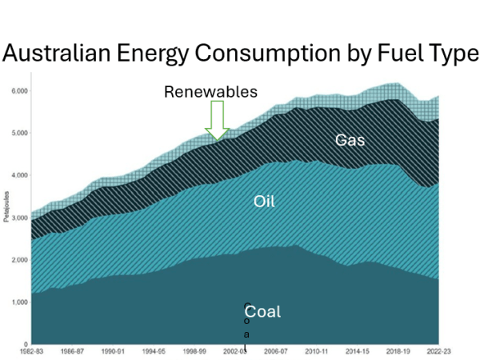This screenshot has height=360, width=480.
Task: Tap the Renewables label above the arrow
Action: pyautogui.click(x=210, y=92)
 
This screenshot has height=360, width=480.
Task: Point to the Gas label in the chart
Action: pyautogui.click(x=351, y=140)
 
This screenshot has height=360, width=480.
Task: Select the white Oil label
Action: pyautogui.click(x=264, y=202)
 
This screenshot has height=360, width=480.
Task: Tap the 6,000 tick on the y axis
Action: pyautogui.click(x=18, y=90)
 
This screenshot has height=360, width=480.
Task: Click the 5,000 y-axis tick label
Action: pyautogui.click(x=18, y=133)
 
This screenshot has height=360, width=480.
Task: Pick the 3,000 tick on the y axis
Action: pyautogui.click(x=18, y=218)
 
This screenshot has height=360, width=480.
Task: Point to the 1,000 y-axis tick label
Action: pyautogui.click(x=18, y=302)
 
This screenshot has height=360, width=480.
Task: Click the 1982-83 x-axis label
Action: pyautogui.click(x=32, y=351)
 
